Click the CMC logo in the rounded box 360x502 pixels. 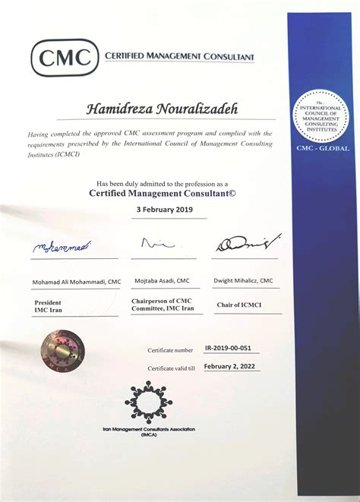pos(65,57)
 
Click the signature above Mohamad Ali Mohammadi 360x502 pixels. pos(61,247)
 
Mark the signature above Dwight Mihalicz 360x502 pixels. pos(245,245)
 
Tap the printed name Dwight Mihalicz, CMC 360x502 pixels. pos(245,281)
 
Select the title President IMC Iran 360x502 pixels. pos(48,306)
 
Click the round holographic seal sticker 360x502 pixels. pos(63,350)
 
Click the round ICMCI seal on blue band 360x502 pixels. pos(322,115)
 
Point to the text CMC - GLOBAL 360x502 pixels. pos(323,149)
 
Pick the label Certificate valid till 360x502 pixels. pos(171,368)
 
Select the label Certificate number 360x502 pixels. pos(171,350)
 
